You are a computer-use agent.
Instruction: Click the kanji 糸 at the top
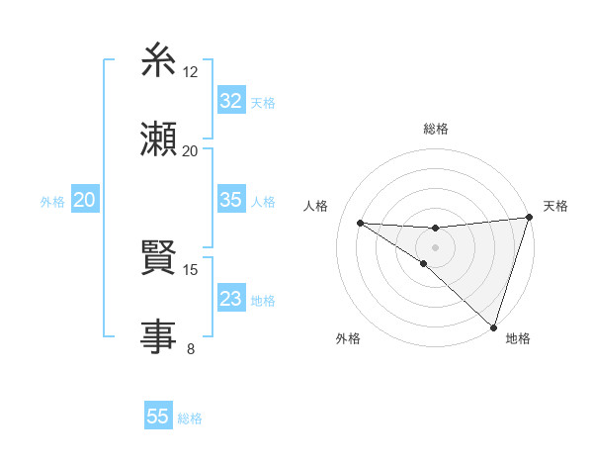point(158,63)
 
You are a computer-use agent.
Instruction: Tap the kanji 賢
point(158,261)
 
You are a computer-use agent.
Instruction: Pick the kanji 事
point(158,336)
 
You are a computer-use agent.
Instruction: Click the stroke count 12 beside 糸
point(191,72)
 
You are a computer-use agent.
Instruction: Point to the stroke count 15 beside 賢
point(191,269)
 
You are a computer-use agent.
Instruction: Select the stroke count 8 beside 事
point(191,347)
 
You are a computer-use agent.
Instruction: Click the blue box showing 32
point(230,101)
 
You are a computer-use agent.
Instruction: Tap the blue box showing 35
point(230,200)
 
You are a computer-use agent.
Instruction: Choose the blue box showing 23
point(230,299)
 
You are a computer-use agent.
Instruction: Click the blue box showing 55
point(158,417)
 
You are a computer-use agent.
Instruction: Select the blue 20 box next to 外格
point(85,201)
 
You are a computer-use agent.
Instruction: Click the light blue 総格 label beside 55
point(190,418)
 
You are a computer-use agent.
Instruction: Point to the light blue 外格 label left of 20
point(52,202)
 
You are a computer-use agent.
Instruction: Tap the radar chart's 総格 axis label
point(436,129)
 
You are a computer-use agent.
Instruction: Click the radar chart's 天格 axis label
point(555,206)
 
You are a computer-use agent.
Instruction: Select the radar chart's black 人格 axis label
point(316,206)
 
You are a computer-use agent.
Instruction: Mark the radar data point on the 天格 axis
point(530,218)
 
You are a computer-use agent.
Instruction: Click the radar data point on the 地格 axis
point(494,327)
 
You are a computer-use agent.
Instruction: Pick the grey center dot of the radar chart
point(435,247)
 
